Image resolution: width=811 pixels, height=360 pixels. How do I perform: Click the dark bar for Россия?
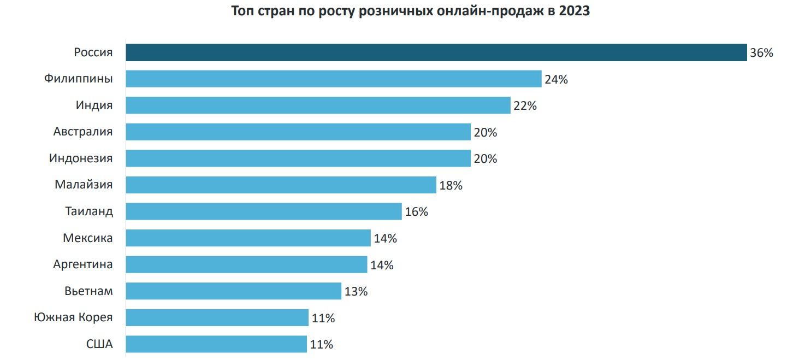click(x=436, y=52)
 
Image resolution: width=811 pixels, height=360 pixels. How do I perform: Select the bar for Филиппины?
click(x=333, y=79)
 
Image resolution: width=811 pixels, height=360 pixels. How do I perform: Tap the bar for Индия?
click(x=318, y=105)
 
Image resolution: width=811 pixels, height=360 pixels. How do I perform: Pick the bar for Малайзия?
click(x=281, y=185)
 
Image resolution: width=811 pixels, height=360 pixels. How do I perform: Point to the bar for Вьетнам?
click(x=233, y=291)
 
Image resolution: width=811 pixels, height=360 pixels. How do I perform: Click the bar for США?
click(x=216, y=344)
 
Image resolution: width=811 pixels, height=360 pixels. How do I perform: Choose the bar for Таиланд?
click(x=264, y=211)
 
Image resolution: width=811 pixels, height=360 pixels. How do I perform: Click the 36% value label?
click(x=761, y=53)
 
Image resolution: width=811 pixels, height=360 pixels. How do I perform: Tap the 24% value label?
click(x=556, y=79)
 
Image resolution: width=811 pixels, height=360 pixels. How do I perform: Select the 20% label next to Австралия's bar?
click(x=485, y=132)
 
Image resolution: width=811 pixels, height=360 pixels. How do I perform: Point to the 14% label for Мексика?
click(x=385, y=238)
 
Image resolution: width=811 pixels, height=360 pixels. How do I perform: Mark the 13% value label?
click(x=356, y=291)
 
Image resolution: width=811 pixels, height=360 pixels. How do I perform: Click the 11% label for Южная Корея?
click(x=323, y=318)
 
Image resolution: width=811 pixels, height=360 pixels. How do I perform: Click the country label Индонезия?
click(x=81, y=158)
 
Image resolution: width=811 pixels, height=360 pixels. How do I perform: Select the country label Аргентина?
click(x=83, y=264)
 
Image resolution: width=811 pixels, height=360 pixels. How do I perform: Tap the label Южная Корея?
click(x=73, y=317)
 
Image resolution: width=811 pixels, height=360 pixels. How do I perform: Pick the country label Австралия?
click(x=83, y=132)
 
